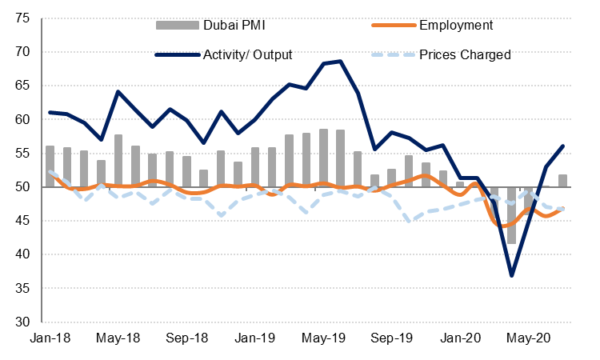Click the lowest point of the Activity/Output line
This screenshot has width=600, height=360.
511,275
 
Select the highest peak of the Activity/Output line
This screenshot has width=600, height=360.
341,61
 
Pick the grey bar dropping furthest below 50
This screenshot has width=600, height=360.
511,215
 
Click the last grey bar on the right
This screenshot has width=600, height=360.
562,181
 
